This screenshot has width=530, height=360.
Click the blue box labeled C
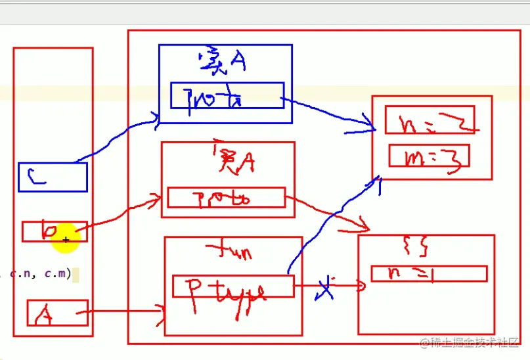(53, 177)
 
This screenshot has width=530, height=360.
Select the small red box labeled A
(57, 313)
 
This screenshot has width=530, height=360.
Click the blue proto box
(227, 95)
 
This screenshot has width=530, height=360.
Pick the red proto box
(227, 197)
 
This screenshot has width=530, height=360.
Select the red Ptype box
(232, 286)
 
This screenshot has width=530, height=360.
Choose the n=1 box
(428, 273)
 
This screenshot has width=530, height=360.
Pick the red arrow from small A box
(125, 313)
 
